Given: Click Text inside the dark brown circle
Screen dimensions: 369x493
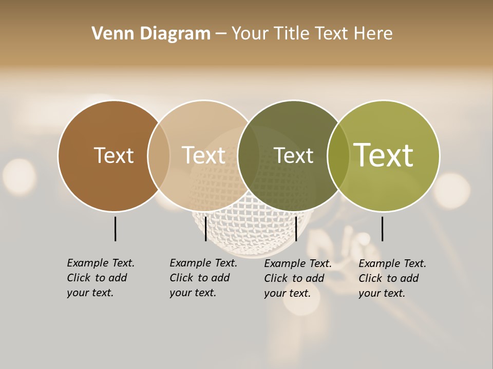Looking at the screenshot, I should click(113, 155).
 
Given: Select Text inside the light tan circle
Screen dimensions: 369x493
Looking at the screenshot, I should click(204, 155).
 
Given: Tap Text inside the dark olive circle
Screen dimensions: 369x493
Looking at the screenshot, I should click(293, 156).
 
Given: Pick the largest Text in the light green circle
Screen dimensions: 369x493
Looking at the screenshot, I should click(383, 155).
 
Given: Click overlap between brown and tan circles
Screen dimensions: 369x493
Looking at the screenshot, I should click(159, 156).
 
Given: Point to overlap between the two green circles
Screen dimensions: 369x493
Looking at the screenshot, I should click(338, 156).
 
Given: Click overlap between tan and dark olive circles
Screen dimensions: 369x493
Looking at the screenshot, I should click(249, 156).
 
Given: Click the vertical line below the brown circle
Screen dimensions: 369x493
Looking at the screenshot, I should click(115, 229).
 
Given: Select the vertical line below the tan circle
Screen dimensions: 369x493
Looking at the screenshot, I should click(205, 229).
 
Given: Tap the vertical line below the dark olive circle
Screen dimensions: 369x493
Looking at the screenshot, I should click(296, 229).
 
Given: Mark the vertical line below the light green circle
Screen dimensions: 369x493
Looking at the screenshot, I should click(382, 229).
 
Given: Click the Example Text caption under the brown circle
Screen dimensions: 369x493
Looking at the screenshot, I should click(101, 277).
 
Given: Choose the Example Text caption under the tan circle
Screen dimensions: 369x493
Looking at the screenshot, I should click(203, 277).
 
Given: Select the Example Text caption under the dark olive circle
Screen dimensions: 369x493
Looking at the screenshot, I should click(298, 278).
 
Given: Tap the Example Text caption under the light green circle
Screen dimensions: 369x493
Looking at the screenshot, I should click(392, 278).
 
